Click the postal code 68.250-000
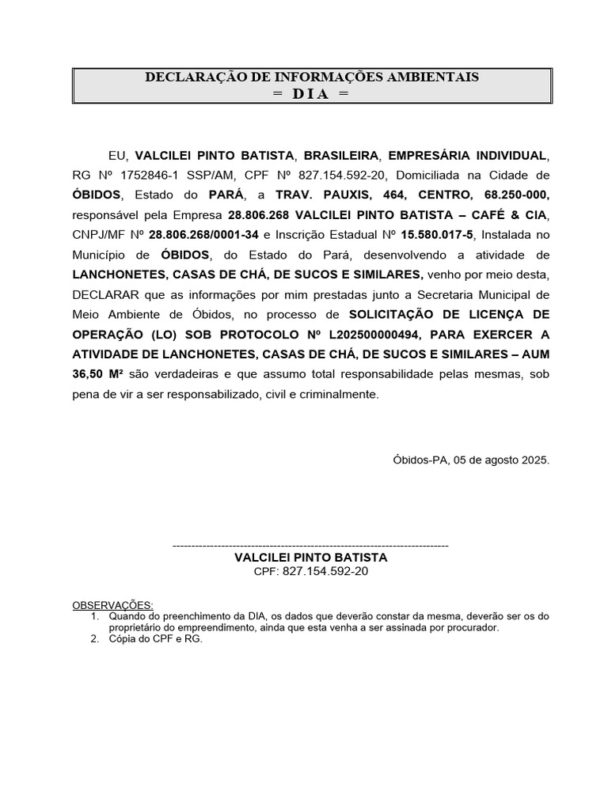pos(515,195)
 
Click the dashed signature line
pos(310,546)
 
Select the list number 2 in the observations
pos(94,639)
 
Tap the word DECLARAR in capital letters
pos(102,294)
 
